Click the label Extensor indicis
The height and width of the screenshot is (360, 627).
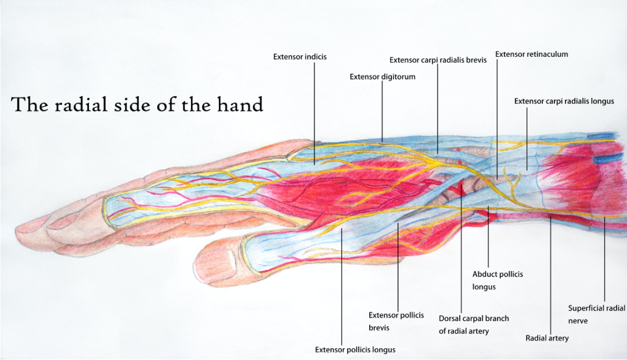tap(300, 57)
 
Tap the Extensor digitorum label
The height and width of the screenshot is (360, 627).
tap(382, 77)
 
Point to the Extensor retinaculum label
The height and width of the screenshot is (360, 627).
tap(531, 55)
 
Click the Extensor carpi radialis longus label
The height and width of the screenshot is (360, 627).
tap(564, 101)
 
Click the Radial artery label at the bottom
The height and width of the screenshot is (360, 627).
tap(547, 338)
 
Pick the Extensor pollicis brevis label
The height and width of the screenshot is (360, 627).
tap(396, 321)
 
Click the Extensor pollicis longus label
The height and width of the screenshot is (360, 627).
tap(355, 350)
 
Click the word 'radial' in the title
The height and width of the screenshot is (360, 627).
tap(81, 105)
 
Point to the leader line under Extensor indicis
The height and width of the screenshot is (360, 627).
tap(314, 110)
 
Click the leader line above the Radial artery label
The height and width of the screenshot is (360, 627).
tap(550, 273)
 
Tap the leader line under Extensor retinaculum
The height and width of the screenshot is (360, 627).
tap(497, 116)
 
